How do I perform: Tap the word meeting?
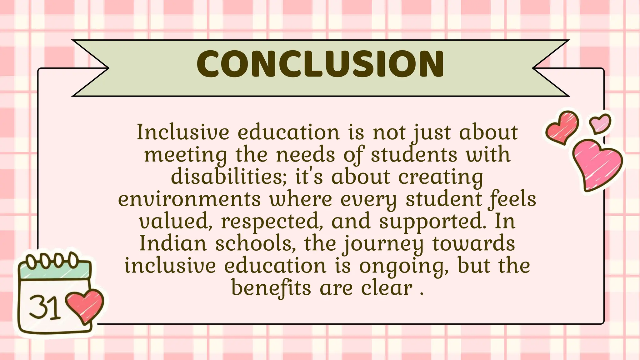tap(186, 155)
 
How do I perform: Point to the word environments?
tap(189, 199)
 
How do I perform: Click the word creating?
tap(441, 177)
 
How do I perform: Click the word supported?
tap(432, 221)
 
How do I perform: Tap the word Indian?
tap(173, 243)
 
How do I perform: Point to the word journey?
tap(384, 244)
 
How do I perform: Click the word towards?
tap(474, 243)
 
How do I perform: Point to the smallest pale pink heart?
tap(600, 123)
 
